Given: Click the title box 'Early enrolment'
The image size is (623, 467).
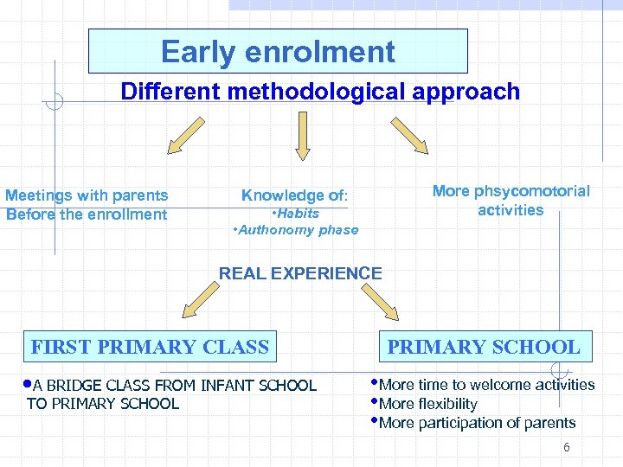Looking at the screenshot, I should pyautogui.click(x=278, y=52).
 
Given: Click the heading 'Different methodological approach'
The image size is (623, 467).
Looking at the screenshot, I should pyautogui.click(x=320, y=92).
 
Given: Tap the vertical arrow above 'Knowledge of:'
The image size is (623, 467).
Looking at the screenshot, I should pyautogui.click(x=302, y=140).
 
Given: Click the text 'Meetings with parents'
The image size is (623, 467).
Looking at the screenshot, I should pyautogui.click(x=87, y=195).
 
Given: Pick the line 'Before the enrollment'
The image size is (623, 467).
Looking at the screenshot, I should pyautogui.click(x=87, y=214).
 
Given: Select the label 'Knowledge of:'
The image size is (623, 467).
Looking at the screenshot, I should pyautogui.click(x=294, y=195).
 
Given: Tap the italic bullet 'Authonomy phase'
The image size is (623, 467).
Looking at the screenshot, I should pyautogui.click(x=296, y=230).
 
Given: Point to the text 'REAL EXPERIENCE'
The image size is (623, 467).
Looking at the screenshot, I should pyautogui.click(x=300, y=273).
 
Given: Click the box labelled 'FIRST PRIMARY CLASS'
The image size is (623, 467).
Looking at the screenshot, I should pyautogui.click(x=150, y=348).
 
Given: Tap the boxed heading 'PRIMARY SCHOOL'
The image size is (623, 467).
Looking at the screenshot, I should pyautogui.click(x=484, y=348).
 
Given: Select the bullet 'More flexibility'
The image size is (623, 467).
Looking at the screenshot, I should pyautogui.click(x=427, y=404).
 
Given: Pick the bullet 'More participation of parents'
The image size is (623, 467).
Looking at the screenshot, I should pyautogui.click(x=477, y=423).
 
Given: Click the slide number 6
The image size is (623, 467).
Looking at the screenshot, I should pyautogui.click(x=566, y=447).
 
